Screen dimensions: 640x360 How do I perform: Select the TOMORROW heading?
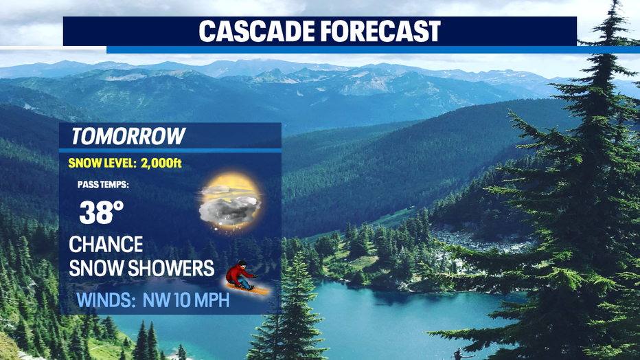click(128, 136)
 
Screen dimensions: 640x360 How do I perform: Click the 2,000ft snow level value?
click(161, 164)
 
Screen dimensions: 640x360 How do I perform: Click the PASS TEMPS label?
click(103, 185)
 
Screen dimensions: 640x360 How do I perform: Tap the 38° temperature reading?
click(101, 212)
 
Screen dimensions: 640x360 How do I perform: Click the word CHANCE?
click(106, 245)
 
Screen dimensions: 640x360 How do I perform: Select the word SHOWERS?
click(171, 268)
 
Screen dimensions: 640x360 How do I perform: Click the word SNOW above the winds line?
click(96, 268)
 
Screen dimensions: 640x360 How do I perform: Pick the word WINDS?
click(106, 300)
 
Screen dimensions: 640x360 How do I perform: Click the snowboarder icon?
click(247, 278)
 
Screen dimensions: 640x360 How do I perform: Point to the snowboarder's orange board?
click(248, 289)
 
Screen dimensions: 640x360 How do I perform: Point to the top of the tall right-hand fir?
click(613, 3)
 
